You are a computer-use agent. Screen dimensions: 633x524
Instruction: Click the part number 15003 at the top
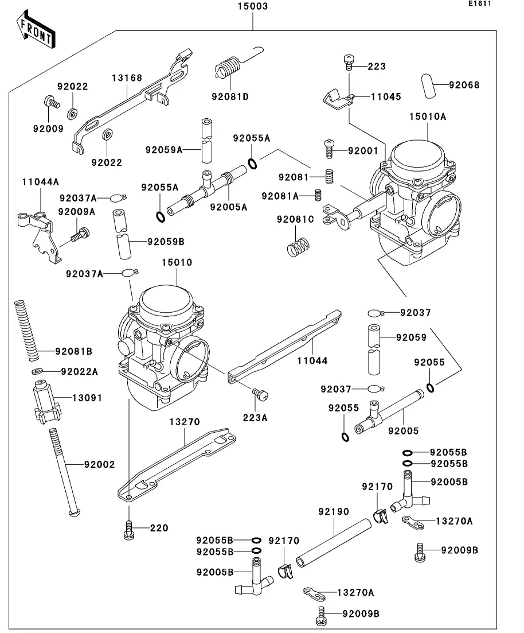pos(252,7)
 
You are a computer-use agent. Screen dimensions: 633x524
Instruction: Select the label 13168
pos(127,77)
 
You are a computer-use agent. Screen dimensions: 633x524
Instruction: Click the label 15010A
pos(427,116)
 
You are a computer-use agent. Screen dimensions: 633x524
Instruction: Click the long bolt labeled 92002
pos(62,471)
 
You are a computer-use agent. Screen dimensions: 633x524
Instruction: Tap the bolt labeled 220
pos(128,531)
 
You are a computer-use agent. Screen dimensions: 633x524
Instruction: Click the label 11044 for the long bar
pos(312,361)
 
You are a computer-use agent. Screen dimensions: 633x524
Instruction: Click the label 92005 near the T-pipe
pos(404,430)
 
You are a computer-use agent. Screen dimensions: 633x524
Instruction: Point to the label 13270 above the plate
pos(184,422)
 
